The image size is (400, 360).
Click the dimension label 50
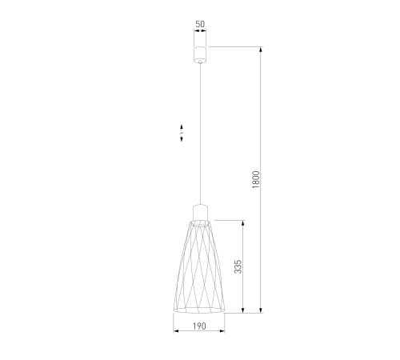[200, 24]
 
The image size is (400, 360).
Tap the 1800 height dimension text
[255, 180]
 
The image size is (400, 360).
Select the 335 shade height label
[238, 266]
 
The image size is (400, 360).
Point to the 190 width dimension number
[199, 326]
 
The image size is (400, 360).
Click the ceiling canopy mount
[200, 54]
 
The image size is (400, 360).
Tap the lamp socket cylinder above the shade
[200, 212]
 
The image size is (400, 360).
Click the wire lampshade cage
[199, 266]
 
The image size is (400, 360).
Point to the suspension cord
[200, 134]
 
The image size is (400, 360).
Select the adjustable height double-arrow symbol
[182, 133]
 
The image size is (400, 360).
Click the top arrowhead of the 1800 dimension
[261, 50]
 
